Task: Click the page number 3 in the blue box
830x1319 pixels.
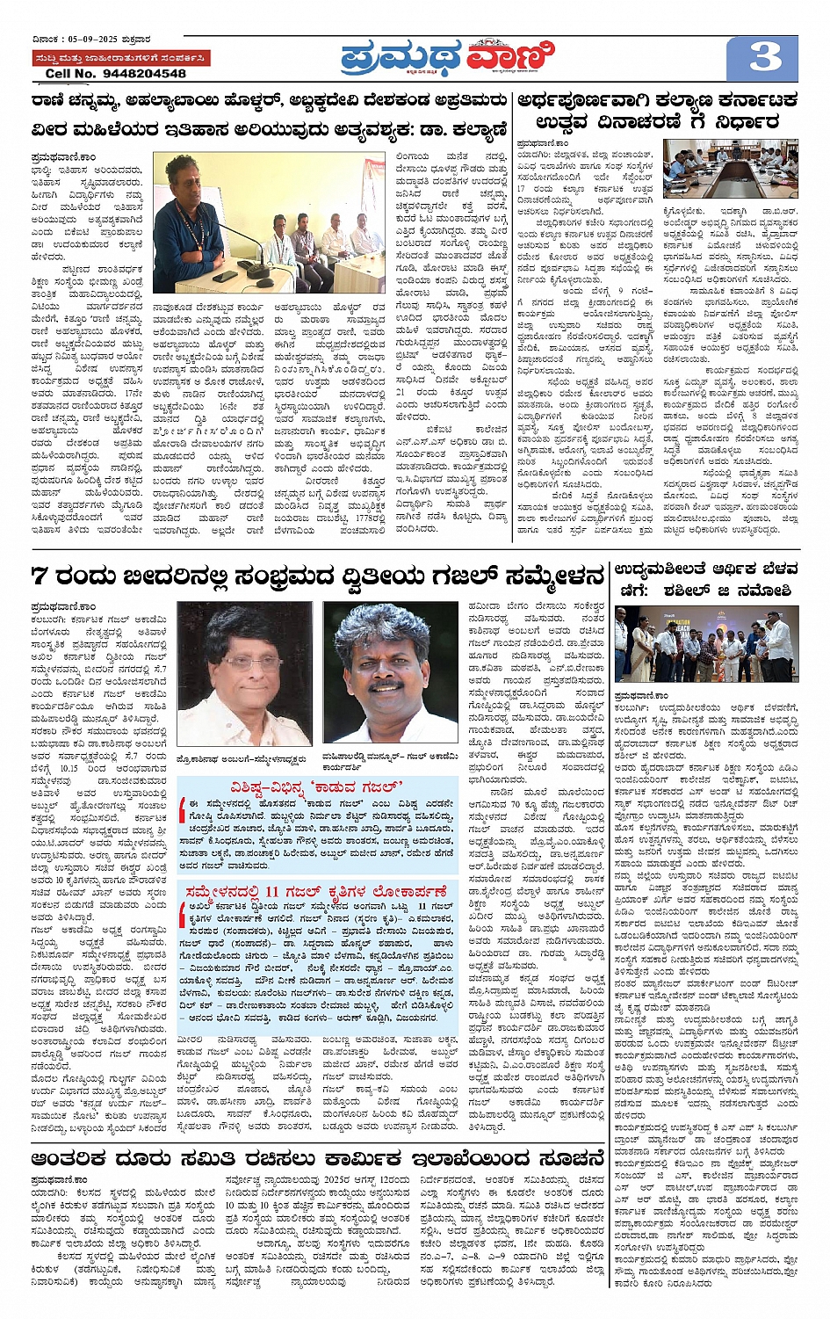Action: click(x=764, y=58)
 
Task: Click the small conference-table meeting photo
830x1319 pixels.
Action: click(x=743, y=168)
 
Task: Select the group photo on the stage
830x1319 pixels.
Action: click(x=707, y=644)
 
